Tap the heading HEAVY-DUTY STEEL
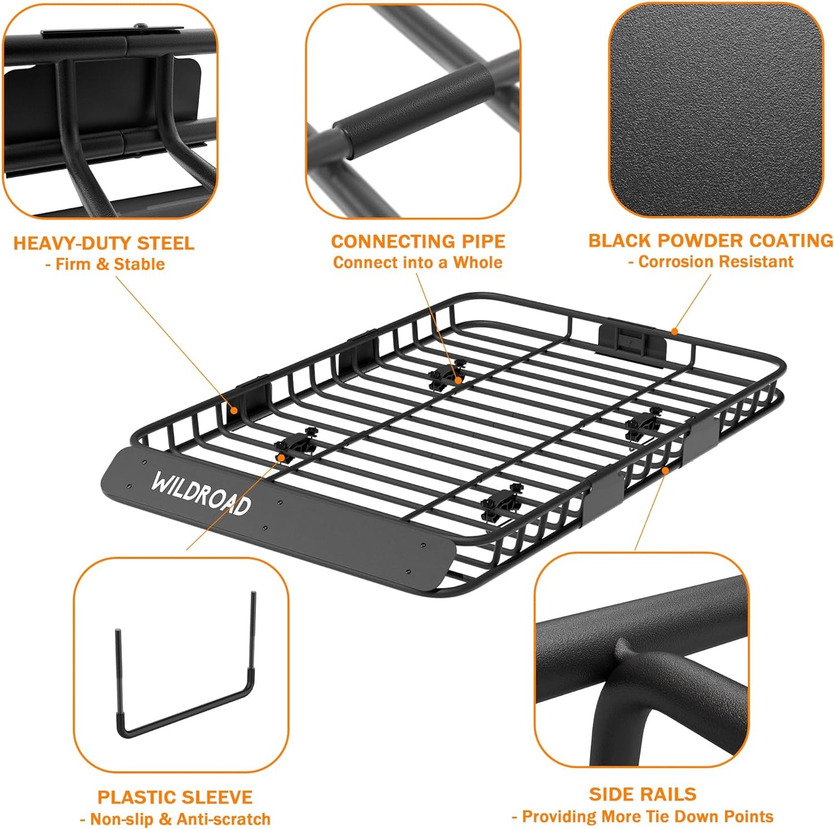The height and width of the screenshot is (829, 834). click(x=104, y=243)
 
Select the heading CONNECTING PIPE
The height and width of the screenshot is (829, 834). click(x=418, y=241)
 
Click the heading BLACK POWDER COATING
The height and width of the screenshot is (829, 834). click(x=710, y=241)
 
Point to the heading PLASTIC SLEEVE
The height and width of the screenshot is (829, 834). click(x=175, y=797)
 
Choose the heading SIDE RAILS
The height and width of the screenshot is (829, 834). click(x=642, y=794)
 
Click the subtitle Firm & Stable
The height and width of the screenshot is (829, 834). click(x=104, y=264)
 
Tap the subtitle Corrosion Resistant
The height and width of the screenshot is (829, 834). click(x=710, y=262)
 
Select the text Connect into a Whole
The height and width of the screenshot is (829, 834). click(x=418, y=262)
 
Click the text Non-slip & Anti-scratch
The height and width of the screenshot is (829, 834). click(x=175, y=819)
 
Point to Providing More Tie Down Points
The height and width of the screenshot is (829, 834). click(x=642, y=816)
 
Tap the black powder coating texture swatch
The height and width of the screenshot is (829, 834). click(x=716, y=110)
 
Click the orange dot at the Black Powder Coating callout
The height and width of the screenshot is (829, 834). click(x=674, y=332)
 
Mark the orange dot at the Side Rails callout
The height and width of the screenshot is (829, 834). click(x=665, y=471)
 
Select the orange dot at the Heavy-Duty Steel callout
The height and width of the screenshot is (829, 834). click(x=234, y=411)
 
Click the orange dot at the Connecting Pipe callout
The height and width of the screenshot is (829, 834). click(x=458, y=380)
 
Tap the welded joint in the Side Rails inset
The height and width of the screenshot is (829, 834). click(x=626, y=652)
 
